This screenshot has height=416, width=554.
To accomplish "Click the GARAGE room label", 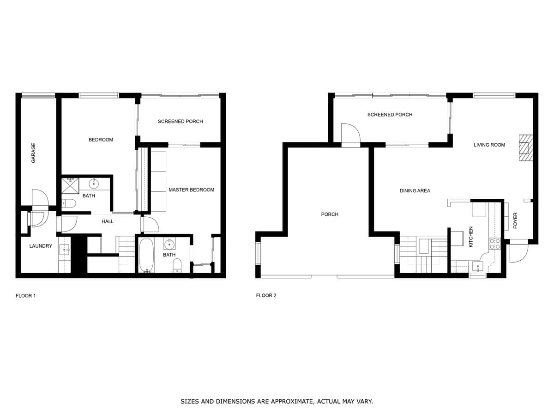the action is coord(33,153).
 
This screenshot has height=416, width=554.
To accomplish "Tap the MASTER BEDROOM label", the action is coord(191,190).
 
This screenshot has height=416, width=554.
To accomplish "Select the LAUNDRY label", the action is coord(41,246).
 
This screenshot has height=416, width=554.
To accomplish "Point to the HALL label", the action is coord(108,221).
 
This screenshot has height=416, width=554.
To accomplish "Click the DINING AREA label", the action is coord(415,191).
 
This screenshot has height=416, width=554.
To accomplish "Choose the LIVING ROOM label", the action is coord(489,145).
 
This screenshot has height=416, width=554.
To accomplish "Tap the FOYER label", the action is coord(515,220).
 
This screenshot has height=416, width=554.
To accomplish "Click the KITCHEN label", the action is coord(470,237).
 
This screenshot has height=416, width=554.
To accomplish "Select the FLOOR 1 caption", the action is coord(26,296).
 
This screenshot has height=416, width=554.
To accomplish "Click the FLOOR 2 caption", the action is coord(266,295).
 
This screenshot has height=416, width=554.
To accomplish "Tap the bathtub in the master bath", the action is coord(146,255).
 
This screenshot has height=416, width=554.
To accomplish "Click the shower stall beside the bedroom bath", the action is coord(70,186).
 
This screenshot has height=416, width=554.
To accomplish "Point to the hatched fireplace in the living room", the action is coord(526,148).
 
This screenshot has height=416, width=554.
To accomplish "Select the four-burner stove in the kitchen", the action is coord(495,244).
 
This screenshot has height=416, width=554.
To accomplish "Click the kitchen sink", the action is coord(477,267).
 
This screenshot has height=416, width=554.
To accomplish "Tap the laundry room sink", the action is coord(65,250).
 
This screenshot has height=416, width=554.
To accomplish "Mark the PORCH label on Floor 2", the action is coord(329,214).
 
